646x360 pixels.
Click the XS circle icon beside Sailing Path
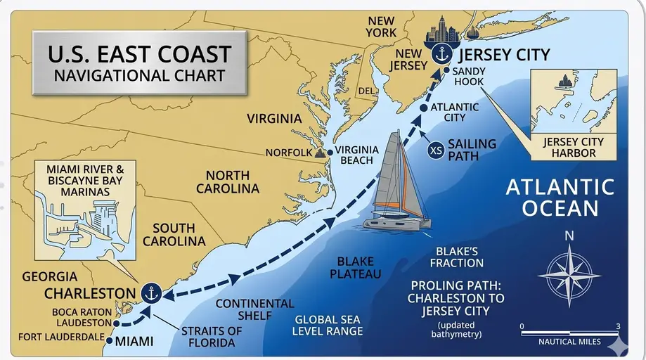coord(436,150)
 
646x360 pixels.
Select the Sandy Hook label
coord(470,77)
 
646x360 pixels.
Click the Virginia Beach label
coord(356,155)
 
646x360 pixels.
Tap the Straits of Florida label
coord(212,337)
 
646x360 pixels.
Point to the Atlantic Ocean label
coord(560,198)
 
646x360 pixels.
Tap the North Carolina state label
coord(227,182)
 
